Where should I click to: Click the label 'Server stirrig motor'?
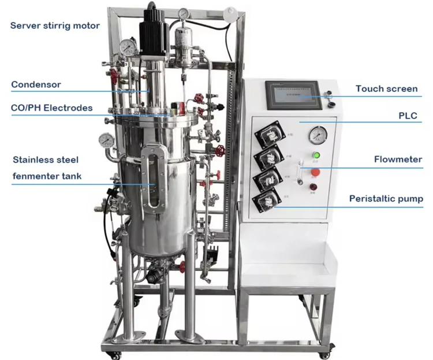[55, 25]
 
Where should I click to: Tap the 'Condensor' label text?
[36, 84]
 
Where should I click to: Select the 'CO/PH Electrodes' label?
[51, 107]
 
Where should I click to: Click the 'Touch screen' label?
[386, 88]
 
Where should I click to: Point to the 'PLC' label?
[408, 116]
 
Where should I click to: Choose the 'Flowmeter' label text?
[398, 159]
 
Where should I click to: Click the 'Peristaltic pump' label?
[386, 199]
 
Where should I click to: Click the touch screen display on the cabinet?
[294, 95]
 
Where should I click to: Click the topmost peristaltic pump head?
[270, 135]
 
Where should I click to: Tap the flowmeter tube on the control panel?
[300, 172]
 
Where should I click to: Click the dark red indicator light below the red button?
[313, 187]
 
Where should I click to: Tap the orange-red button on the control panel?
[316, 172]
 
